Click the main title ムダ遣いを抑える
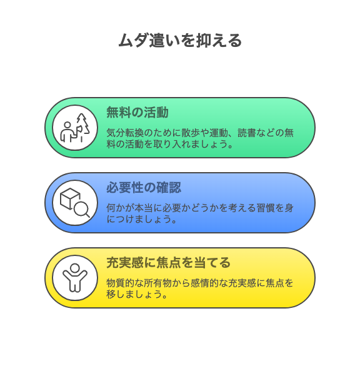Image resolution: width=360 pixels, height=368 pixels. pyautogui.click(x=180, y=40)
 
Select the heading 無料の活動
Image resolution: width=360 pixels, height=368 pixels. pyautogui.click(x=137, y=112)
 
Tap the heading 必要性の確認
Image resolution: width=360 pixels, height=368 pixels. pyautogui.click(x=144, y=187)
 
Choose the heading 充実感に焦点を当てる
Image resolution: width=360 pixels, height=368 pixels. pyautogui.click(x=169, y=262)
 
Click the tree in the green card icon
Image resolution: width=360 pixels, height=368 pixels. pyautogui.click(x=82, y=125)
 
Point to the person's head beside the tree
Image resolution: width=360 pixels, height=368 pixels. pyautogui.click(x=67, y=125)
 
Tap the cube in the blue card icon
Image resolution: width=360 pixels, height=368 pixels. pyautogui.click(x=69, y=198)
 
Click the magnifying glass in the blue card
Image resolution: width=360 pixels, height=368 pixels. pyautogui.click(x=82, y=210)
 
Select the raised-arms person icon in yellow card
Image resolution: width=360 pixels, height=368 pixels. pyautogui.click(x=75, y=278)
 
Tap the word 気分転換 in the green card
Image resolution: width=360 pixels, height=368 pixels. pyautogui.click(x=125, y=133)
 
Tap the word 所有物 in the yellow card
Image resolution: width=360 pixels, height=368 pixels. pyautogui.click(x=157, y=283)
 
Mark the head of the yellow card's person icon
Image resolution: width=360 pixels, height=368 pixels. pyautogui.click(x=75, y=268)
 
